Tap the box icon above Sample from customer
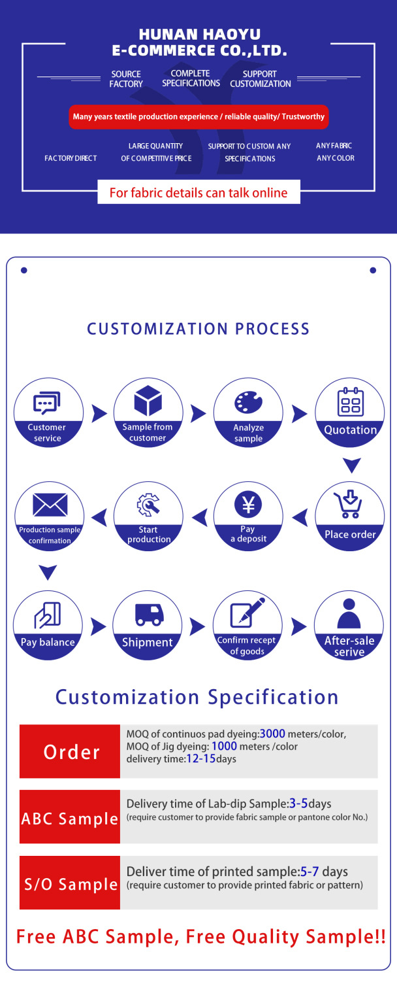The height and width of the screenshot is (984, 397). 148,401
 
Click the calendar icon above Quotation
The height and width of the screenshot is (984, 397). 350,402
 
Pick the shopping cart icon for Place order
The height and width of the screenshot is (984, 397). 349,504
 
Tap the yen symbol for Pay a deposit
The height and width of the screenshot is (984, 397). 248,504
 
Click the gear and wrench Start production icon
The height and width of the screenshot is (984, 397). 148,506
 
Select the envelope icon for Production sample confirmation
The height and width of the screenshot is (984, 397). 50,504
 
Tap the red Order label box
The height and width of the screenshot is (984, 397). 70,751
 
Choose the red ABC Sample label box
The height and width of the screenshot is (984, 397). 70,817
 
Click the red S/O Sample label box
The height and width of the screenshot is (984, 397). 70,883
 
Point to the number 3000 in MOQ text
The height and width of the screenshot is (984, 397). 273,734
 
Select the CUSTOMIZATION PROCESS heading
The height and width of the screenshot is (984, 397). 198,328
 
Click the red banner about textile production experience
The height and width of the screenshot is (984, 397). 198,117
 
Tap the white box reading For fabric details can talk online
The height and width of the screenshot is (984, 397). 198,193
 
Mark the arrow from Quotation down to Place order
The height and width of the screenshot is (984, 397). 352,466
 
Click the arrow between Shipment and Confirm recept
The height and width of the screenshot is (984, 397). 197,628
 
